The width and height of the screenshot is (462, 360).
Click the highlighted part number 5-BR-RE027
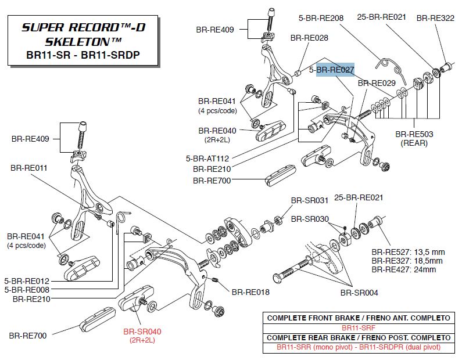click(332, 70)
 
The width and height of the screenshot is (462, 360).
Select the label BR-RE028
click(309, 38)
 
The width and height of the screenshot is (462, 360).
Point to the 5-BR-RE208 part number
click(322, 18)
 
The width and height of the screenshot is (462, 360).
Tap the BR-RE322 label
click(435, 18)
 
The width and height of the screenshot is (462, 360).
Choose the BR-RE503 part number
click(414, 134)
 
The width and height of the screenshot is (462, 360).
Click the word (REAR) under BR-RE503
click(414, 143)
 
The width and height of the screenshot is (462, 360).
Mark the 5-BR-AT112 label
click(207, 158)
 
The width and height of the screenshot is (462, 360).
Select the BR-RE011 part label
click(29, 167)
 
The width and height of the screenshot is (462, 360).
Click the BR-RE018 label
click(250, 292)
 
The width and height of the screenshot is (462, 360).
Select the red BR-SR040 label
click(142, 332)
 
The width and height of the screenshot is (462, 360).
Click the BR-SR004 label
click(359, 293)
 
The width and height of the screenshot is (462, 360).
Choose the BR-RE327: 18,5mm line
click(407, 261)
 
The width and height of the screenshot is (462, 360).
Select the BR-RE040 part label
click(217, 131)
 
